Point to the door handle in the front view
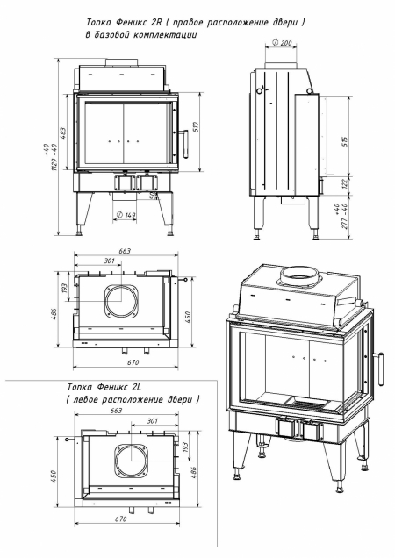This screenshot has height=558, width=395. point(184,138)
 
